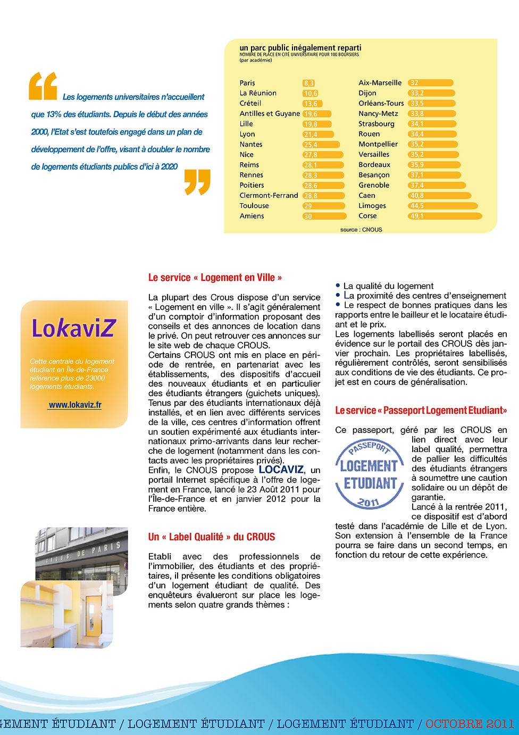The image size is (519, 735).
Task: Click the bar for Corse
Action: point(445,216)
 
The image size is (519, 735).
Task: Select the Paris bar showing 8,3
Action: point(309,83)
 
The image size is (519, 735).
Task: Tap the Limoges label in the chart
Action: point(372,206)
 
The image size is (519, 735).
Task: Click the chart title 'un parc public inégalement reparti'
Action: point(300,48)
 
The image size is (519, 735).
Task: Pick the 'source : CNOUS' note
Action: point(361,230)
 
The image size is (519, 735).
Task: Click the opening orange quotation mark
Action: point(43,86)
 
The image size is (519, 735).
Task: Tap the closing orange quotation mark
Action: point(197,182)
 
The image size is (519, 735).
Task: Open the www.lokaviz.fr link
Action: point(75,405)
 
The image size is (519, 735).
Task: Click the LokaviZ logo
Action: point(73,328)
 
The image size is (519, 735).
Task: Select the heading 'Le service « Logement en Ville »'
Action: point(215,278)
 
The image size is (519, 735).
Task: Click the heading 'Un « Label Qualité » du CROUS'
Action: point(212,537)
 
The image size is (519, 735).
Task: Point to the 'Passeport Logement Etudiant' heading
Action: point(421,411)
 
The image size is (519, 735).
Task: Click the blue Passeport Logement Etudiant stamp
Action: point(370,474)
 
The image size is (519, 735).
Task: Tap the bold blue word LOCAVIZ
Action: point(281,470)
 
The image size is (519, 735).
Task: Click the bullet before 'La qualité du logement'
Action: point(338,286)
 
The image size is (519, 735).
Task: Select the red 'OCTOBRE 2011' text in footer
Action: point(470,724)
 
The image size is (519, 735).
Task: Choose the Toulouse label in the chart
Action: point(254,206)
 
